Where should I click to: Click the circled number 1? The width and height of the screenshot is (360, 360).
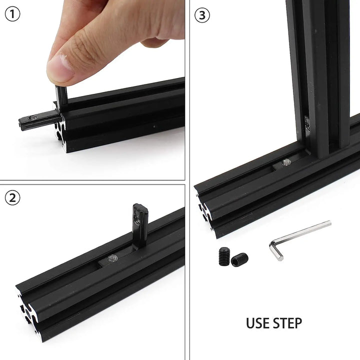click(12, 14)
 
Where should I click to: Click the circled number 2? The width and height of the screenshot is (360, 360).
click(12, 198)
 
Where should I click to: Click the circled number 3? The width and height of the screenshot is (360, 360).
click(201, 15)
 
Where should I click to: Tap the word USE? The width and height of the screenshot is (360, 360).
click(258, 323)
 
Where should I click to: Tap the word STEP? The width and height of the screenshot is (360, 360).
click(287, 323)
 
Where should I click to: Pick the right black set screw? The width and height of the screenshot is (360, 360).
click(239, 259)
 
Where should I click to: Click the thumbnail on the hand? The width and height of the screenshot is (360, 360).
click(61, 68)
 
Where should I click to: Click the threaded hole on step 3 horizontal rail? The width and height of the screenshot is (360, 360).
click(286, 162)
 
